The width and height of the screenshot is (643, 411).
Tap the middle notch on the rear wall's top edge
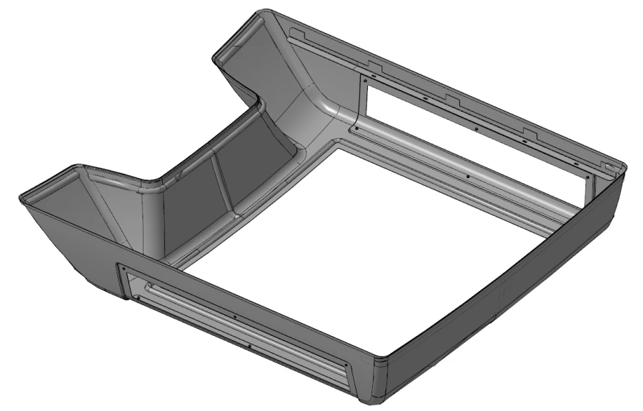452,98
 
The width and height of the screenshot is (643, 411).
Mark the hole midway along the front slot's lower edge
247,346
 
